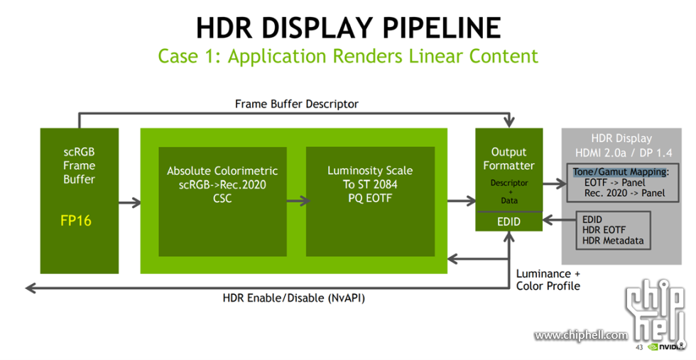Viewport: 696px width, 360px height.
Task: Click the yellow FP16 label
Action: click(x=76, y=221)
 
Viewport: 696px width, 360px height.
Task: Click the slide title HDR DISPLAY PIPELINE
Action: click(x=348, y=28)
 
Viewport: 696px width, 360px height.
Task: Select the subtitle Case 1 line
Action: click(x=348, y=56)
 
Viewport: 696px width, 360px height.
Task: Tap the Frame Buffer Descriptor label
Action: click(x=296, y=104)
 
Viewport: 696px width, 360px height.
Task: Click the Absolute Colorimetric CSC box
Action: click(x=222, y=185)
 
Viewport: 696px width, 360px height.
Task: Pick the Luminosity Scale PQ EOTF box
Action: click(x=370, y=185)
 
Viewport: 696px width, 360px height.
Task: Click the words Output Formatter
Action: click(x=509, y=158)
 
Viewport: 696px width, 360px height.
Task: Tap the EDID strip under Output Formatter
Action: click(x=509, y=222)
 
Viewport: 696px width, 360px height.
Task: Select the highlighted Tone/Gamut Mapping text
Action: click(x=619, y=172)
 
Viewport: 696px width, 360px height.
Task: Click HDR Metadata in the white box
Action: click(x=612, y=241)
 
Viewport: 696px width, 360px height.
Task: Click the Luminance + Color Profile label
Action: click(x=548, y=280)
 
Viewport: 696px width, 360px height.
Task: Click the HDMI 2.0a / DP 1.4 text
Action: click(x=621, y=152)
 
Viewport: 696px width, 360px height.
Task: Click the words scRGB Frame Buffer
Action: click(x=79, y=165)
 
